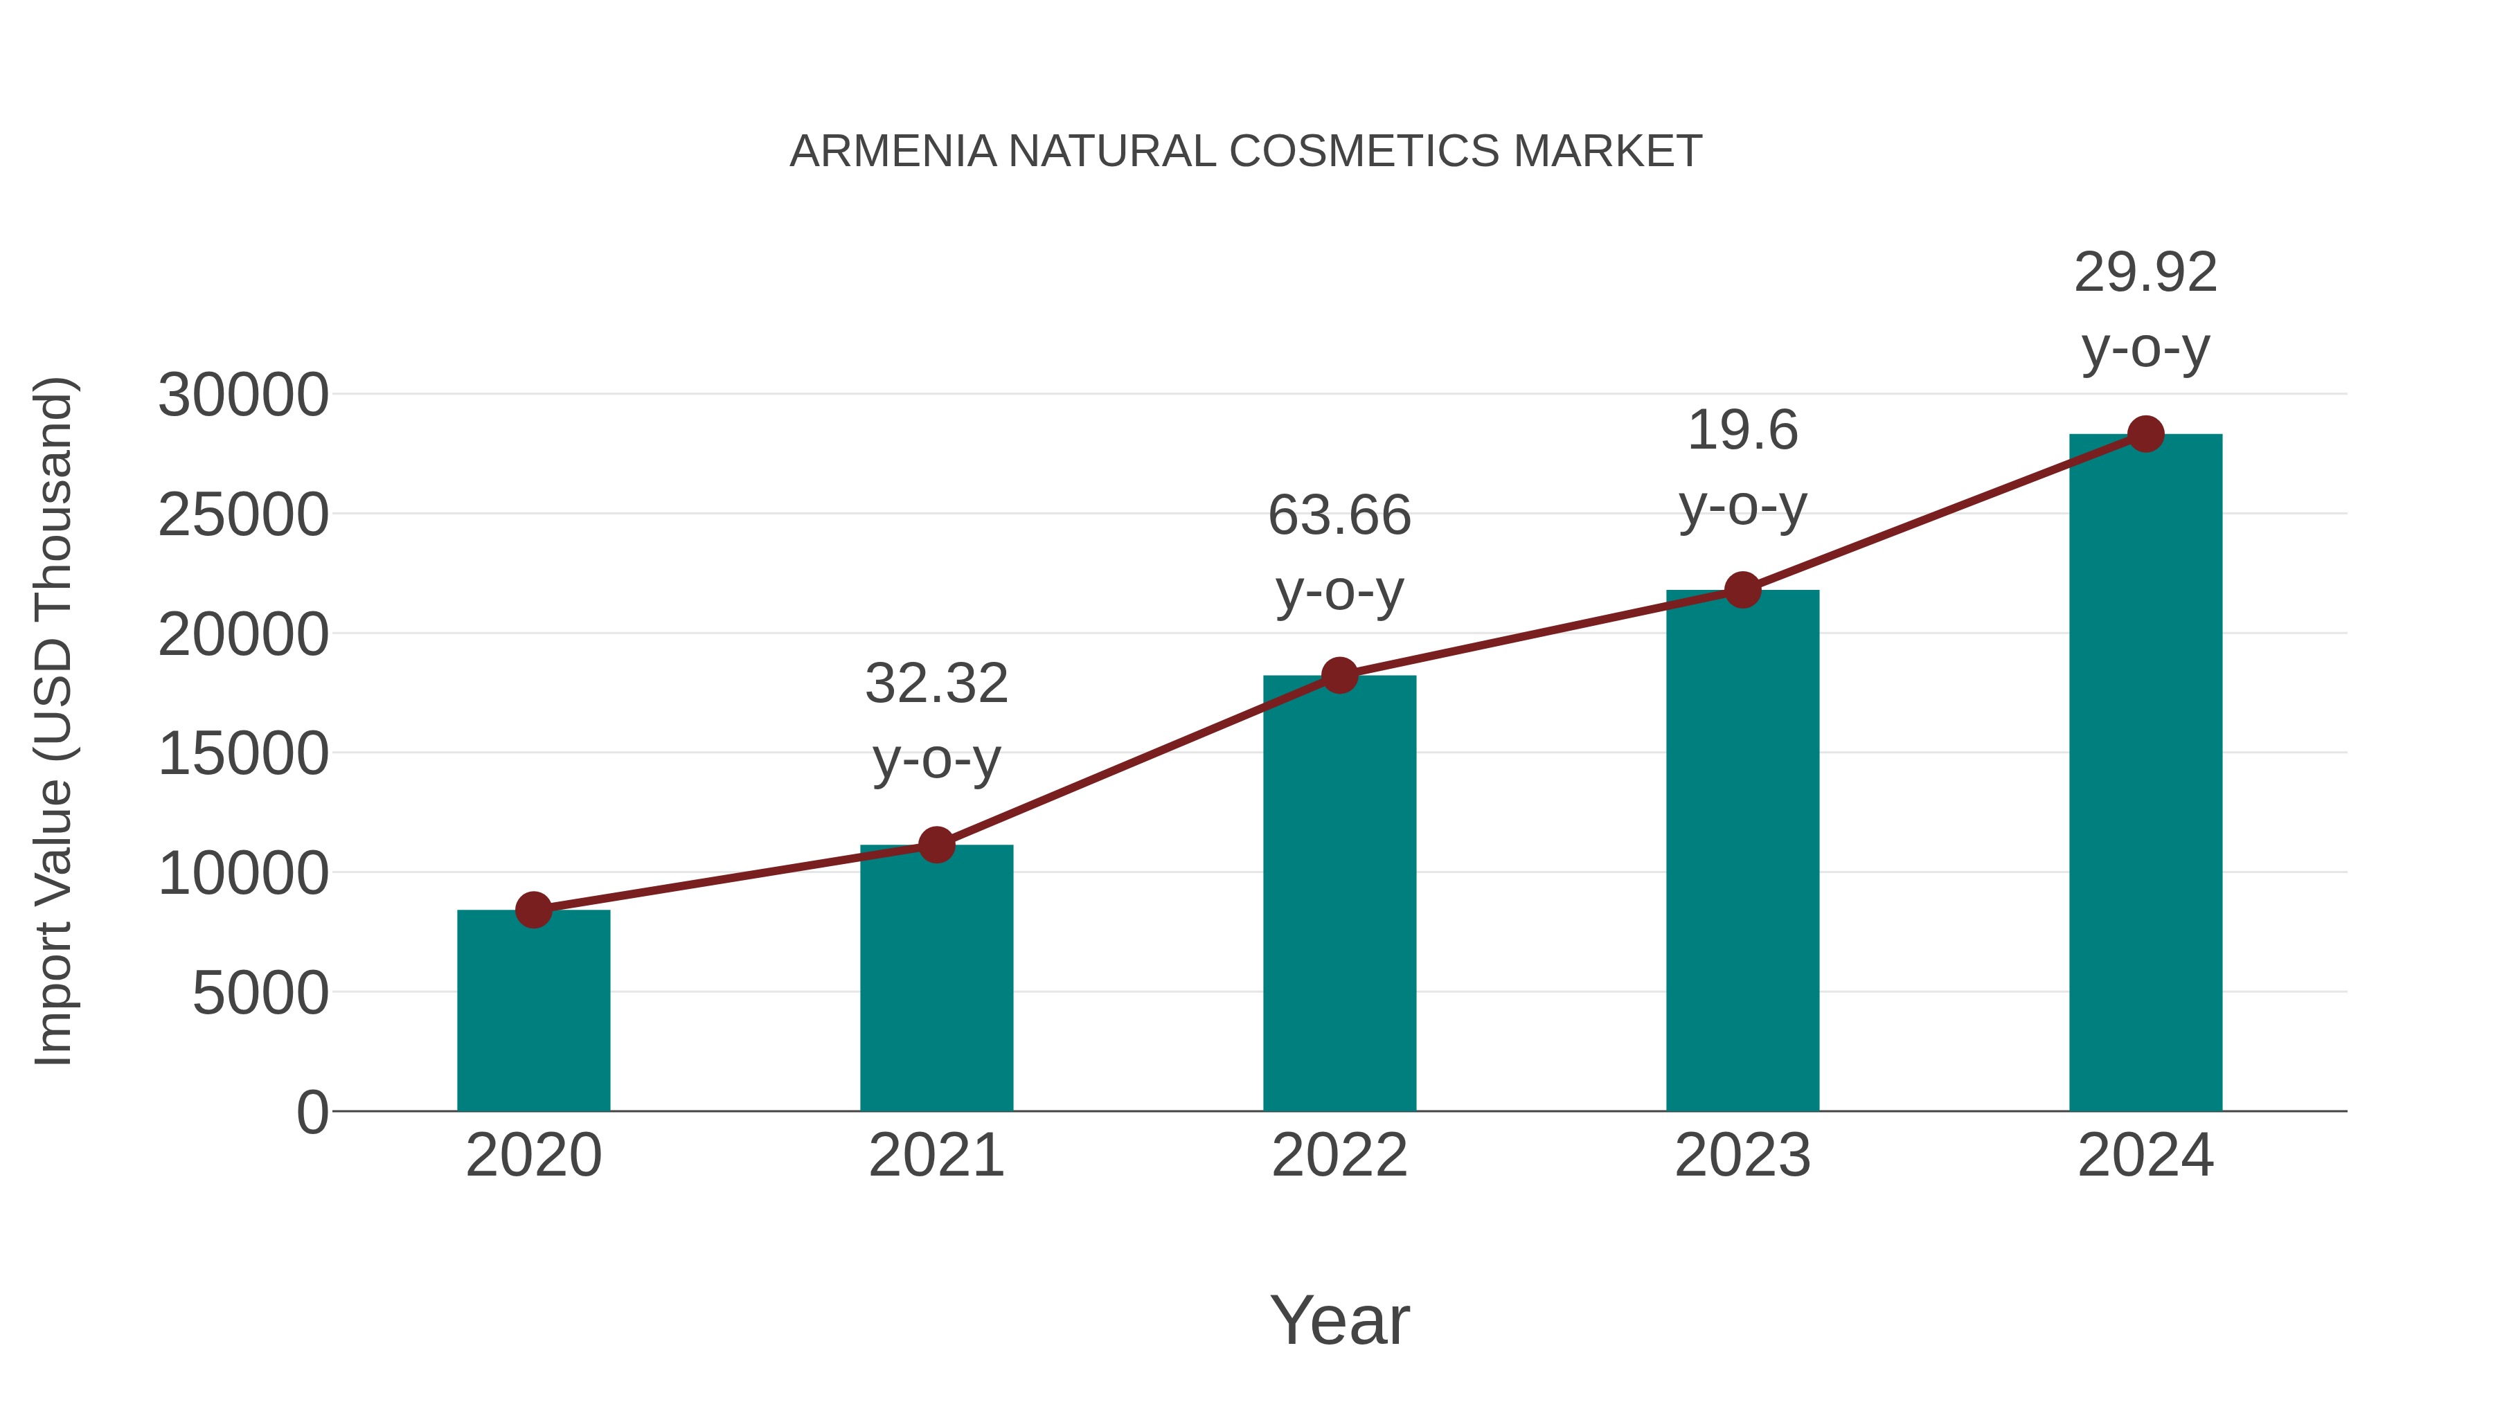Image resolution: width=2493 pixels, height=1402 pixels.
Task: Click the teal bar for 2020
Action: [x=533, y=1011]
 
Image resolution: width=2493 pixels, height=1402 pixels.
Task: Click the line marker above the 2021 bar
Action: [x=936, y=845]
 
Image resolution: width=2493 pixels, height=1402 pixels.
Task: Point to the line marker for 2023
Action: [x=1742, y=589]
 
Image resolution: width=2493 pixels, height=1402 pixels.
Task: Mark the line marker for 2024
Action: [x=2145, y=434]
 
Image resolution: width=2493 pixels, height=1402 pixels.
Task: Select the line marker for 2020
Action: [x=533, y=910]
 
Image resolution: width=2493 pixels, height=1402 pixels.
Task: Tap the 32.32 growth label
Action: [x=936, y=684]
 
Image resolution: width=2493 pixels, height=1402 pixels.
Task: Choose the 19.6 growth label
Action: [x=1742, y=431]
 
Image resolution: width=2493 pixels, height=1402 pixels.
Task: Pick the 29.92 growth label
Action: [x=2145, y=273]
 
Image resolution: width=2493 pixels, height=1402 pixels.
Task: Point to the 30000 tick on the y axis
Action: [x=243, y=396]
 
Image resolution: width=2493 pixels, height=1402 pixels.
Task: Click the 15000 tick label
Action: [x=243, y=755]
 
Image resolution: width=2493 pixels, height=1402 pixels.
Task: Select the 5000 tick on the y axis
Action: [x=260, y=994]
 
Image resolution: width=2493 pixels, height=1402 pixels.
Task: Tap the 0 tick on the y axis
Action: [x=312, y=1113]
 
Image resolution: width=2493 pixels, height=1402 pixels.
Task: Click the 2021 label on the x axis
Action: [x=936, y=1156]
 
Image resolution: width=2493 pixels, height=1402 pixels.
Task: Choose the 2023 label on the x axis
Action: [x=1742, y=1156]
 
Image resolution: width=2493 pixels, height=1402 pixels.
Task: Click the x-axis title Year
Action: [x=1339, y=1321]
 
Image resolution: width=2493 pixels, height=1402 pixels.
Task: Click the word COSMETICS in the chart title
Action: [x=1366, y=152]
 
